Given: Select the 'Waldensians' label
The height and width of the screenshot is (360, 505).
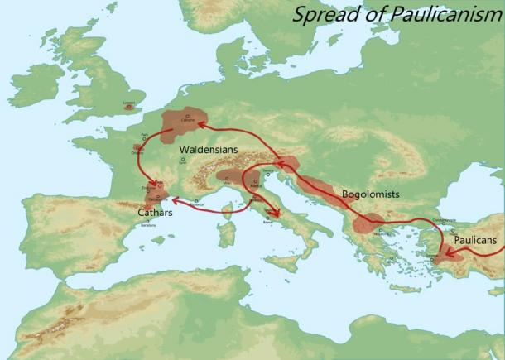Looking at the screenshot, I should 209,151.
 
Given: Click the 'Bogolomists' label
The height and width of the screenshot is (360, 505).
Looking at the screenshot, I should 370,194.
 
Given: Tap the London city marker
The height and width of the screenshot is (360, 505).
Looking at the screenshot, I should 128,107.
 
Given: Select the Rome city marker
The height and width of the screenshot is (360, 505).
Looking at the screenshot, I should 267,218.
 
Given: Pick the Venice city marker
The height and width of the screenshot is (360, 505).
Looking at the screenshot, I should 267,171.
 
